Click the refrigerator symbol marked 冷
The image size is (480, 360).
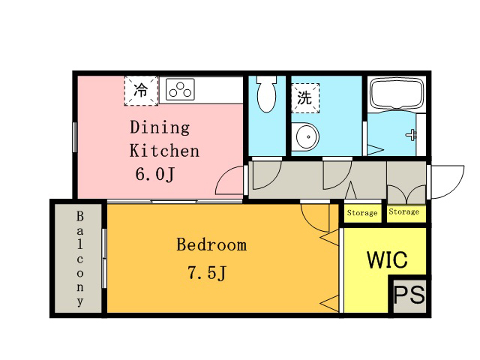coord(141,91)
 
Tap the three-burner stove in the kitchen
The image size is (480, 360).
coord(180,89)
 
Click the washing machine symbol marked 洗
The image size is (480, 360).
coord(305,98)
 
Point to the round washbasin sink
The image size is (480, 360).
coord(305,136)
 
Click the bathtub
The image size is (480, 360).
coord(397,93)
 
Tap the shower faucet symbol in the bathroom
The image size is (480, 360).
coord(412,134)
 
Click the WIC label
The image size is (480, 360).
coord(387,260)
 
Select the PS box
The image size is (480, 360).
coord(409,295)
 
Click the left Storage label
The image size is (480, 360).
coord(362,213)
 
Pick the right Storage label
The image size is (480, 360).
coord(403,211)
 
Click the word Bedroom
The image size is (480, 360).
coord(211,245)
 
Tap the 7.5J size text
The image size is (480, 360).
coord(207,272)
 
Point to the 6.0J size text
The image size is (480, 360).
coord(155,175)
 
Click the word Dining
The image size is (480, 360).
coord(160,127)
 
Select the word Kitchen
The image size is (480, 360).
coord(164,151)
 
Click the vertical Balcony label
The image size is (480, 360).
coord(80,259)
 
